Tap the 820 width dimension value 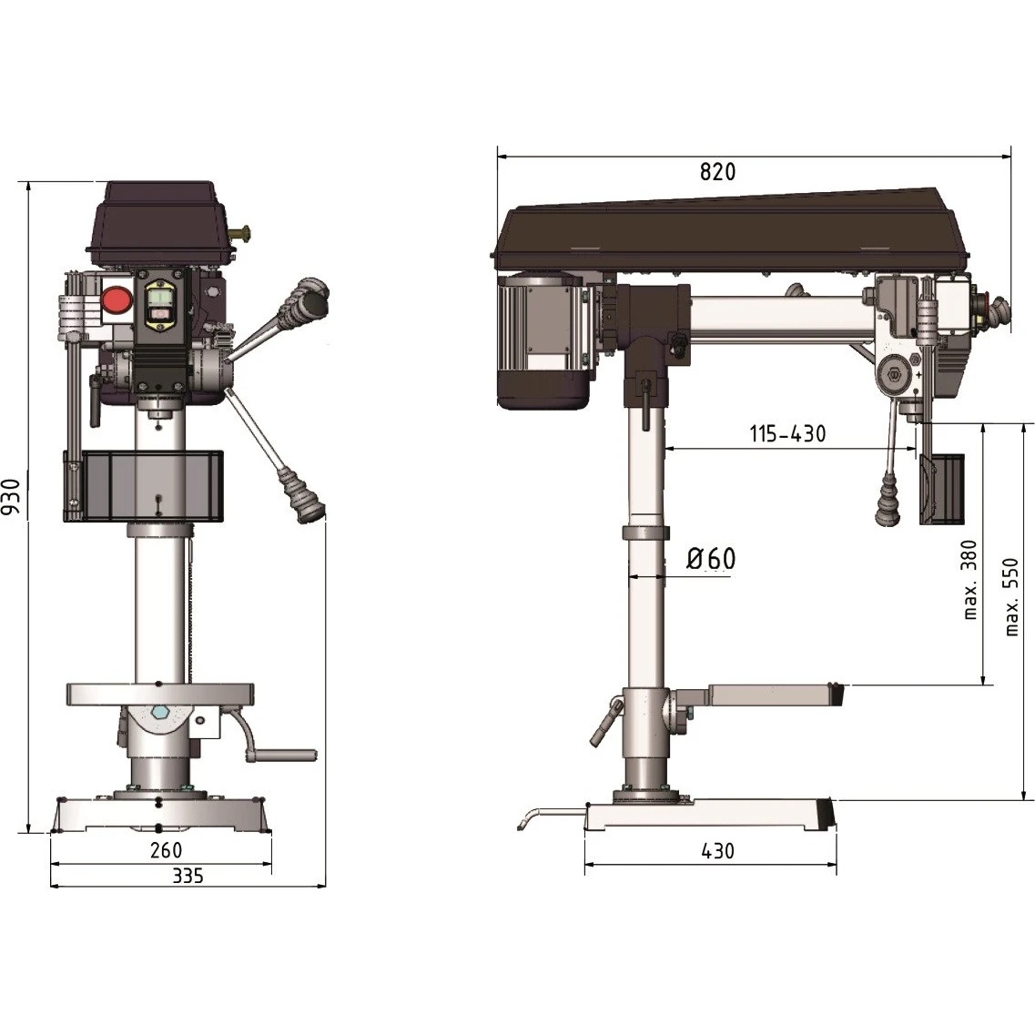click(x=717, y=172)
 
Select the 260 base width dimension click(x=166, y=850)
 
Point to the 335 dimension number click(x=188, y=876)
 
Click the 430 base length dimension click(x=717, y=851)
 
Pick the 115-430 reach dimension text click(x=787, y=433)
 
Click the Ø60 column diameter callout click(x=711, y=558)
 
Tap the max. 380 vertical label click(x=969, y=580)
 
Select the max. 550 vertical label click(x=1011, y=597)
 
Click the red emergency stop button click(x=117, y=300)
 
